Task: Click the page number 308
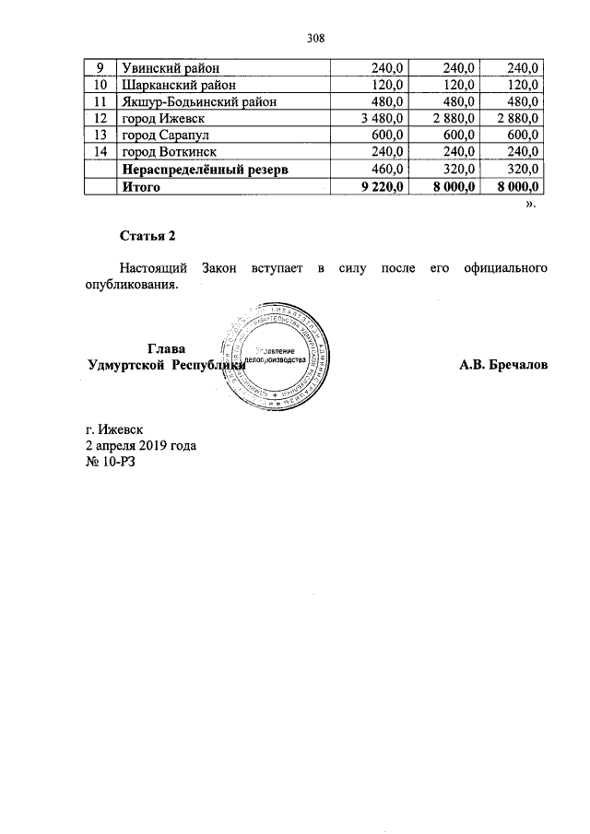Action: pyautogui.click(x=316, y=38)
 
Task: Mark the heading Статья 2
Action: pyautogui.click(x=147, y=236)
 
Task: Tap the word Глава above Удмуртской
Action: pyautogui.click(x=166, y=348)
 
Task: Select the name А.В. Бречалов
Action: pyautogui.click(x=503, y=365)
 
